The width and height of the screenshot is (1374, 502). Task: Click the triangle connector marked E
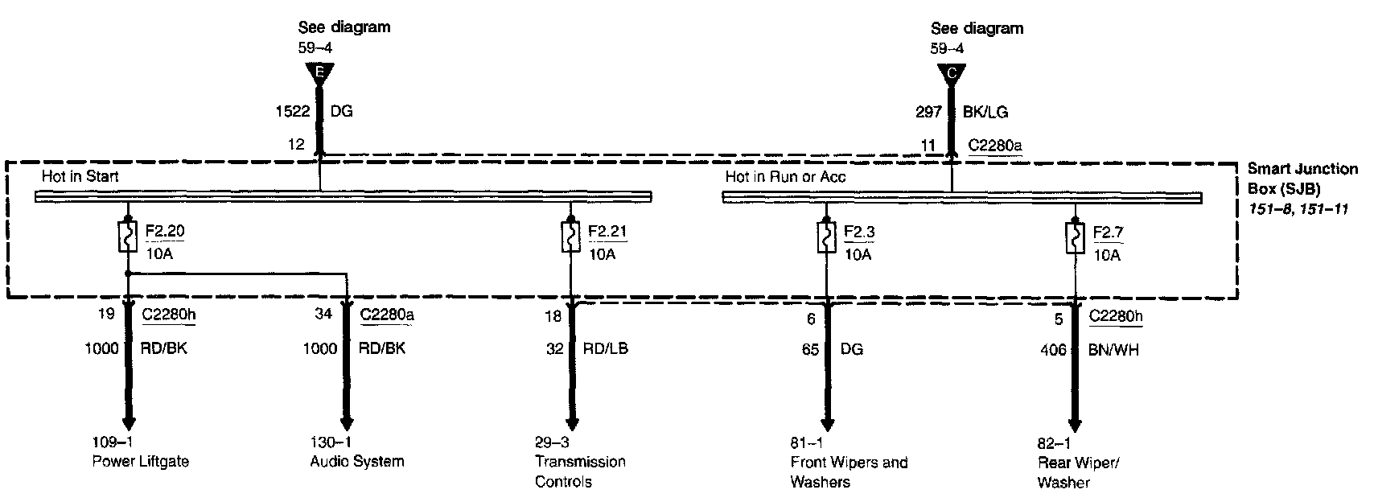[x=319, y=75]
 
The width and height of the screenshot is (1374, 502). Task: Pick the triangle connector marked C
[x=952, y=75]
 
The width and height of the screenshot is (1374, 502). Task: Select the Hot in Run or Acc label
[x=785, y=177]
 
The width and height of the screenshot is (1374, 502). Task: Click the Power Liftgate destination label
[x=141, y=461]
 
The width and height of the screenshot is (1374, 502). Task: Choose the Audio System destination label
[x=357, y=461]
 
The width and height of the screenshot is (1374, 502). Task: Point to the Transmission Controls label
[x=580, y=471]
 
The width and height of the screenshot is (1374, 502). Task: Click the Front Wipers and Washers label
[x=849, y=472]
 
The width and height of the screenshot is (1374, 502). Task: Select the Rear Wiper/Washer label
[x=1078, y=472]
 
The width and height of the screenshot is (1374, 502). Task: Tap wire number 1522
[x=294, y=112]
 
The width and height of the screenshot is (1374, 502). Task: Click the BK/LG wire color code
[x=985, y=113]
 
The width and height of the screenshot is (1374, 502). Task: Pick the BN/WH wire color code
[x=1114, y=350]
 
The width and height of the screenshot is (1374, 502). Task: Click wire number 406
[x=1052, y=350]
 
